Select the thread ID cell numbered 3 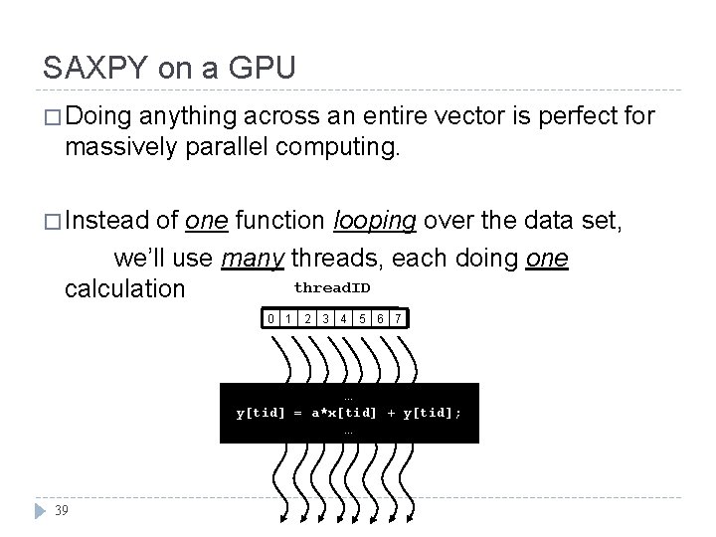point(325,319)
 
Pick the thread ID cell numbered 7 point(397,319)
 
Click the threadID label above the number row point(332,287)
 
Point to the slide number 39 point(62,510)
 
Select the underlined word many point(253,259)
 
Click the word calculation point(123,289)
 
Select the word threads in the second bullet point(337,259)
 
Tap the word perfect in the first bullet point(553,117)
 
